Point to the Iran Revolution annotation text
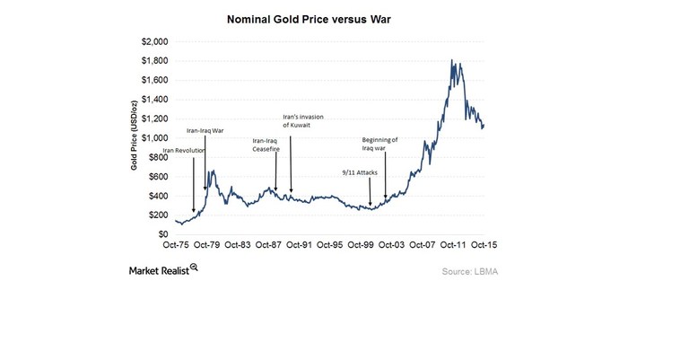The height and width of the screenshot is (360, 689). coord(184,151)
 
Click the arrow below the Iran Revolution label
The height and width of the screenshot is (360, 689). coord(194,185)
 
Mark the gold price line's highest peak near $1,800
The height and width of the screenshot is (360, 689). coord(452,61)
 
